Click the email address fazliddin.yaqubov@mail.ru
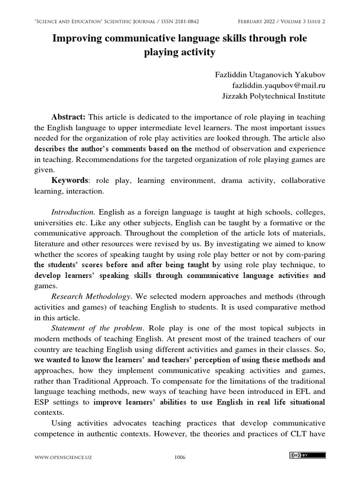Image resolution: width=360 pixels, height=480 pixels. pyautogui.click(x=279, y=85)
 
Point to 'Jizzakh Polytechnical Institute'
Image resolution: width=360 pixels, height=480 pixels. pyautogui.click(x=273, y=96)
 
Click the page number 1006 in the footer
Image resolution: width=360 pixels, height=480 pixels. pyautogui.click(x=179, y=457)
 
